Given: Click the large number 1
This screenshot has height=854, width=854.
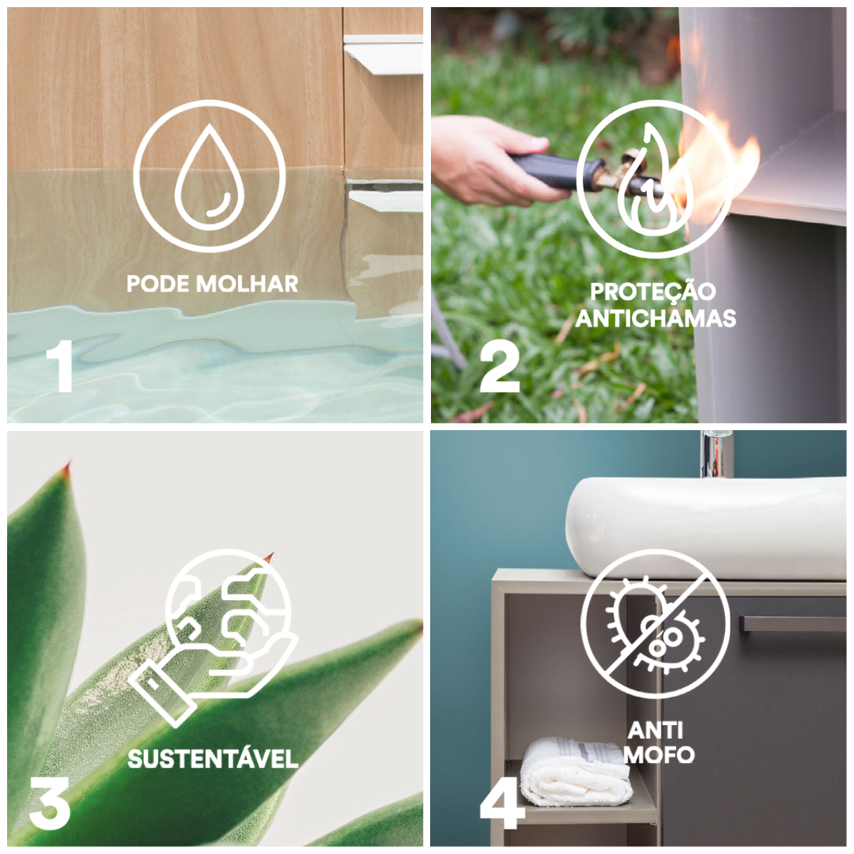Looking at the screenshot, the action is click(60, 366).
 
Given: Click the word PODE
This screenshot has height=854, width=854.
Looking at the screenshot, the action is click(158, 284).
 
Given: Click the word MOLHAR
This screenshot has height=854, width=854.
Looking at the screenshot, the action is click(248, 284).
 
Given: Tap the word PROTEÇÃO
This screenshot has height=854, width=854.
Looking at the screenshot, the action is click(653, 291).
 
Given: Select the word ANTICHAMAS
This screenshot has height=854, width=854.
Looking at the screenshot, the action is click(656, 319).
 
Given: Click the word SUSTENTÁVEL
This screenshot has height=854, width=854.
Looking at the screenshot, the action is click(213, 758).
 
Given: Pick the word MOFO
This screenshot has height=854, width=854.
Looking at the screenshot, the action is click(659, 755).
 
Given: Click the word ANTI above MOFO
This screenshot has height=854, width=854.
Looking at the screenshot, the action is click(656, 731).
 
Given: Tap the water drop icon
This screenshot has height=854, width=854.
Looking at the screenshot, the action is click(210, 176).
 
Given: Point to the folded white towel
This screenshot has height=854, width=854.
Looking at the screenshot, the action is click(576, 771).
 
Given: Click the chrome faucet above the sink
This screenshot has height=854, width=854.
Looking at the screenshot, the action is click(716, 454).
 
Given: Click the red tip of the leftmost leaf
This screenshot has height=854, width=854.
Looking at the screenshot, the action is click(67, 468).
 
